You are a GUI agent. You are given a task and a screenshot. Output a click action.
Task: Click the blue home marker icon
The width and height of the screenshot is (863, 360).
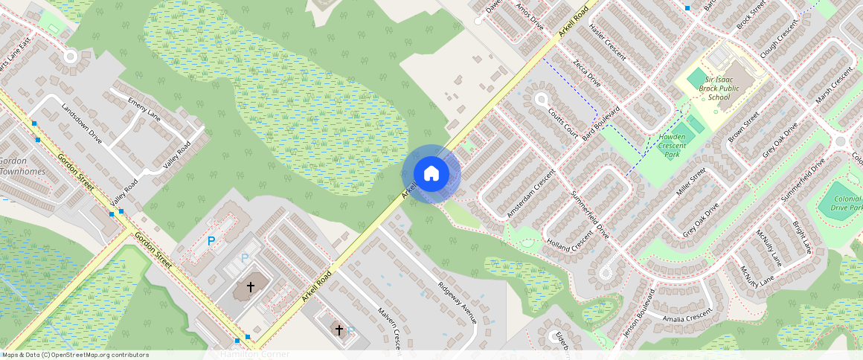click(x=431, y=174)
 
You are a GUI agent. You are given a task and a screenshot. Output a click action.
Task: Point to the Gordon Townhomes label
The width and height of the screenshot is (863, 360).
click(x=22, y=166)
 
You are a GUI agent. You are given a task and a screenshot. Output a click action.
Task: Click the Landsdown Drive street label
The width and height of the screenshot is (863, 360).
click(x=82, y=121)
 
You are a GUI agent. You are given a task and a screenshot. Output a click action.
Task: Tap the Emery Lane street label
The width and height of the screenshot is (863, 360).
click(x=144, y=107)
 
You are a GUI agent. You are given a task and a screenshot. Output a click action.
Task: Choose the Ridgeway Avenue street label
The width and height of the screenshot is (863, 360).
click(x=457, y=303)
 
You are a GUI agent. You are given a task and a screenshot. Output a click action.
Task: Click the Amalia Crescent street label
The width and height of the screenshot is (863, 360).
click(x=689, y=317)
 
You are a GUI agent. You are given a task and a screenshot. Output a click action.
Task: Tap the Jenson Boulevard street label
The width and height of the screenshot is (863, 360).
click(x=638, y=312)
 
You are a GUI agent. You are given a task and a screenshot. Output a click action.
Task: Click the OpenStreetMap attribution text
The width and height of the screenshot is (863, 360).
click(x=75, y=355)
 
